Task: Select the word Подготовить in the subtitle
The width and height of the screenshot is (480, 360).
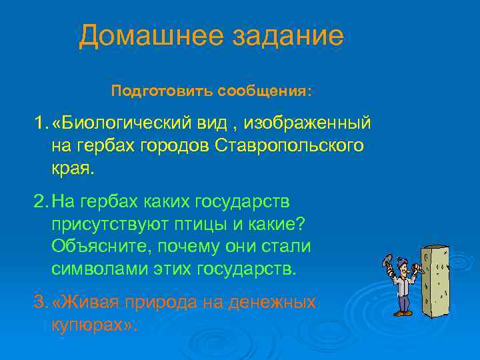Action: coord(149,90)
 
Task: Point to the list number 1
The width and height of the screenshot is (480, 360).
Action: coord(41,124)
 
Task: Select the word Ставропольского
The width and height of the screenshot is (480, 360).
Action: coord(290,146)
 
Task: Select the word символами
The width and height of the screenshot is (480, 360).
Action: coord(99,269)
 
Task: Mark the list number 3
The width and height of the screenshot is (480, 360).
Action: coord(41,303)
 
